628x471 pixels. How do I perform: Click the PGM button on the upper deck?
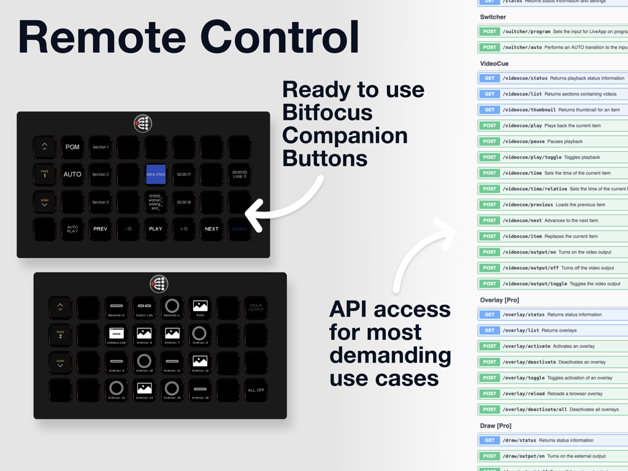[72, 147]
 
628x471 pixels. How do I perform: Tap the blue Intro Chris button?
[156, 174]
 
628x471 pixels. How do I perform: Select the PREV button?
[100, 229]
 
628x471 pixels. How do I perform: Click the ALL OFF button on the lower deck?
[256, 390]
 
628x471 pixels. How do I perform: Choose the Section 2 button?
[100, 174]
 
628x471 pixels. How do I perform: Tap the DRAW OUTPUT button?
[256, 307]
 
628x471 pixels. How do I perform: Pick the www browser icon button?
[117, 335]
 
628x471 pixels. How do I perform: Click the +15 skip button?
[183, 229]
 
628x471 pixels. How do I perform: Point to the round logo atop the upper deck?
[143, 123]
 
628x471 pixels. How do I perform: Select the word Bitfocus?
[327, 113]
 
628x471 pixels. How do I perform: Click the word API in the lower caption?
[356, 309]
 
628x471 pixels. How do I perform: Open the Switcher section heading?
[493, 17]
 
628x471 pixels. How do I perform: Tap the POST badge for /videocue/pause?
[489, 142]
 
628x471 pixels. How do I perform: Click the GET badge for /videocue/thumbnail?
[489, 110]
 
